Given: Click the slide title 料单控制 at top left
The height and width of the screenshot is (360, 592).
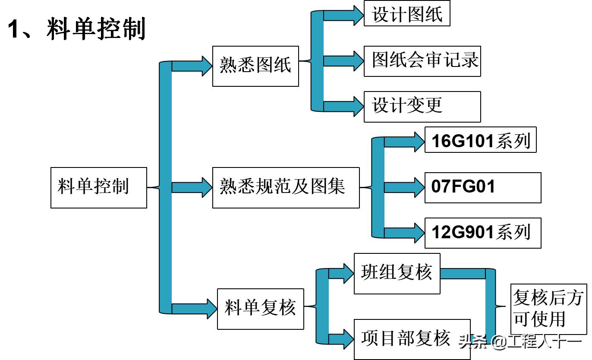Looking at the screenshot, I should coord(77,29).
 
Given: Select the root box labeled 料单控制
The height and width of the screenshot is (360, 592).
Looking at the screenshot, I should coord(98,187).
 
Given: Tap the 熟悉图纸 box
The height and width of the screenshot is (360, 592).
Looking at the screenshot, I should coord(255,66).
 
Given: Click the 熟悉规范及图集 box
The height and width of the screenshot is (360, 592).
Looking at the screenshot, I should coord(286,187).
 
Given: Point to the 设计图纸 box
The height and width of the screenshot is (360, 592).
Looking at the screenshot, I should coord(406,13).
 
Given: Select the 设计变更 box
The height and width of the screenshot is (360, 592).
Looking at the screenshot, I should coord(422,106).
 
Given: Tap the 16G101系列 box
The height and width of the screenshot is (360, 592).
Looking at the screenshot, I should coord(480,140).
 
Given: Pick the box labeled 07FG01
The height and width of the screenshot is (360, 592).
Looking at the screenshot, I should coord(482,187).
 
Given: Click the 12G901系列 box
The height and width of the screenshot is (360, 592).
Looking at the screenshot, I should coord(482,233).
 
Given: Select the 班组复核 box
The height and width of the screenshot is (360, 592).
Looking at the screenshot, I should coord(397,273).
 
